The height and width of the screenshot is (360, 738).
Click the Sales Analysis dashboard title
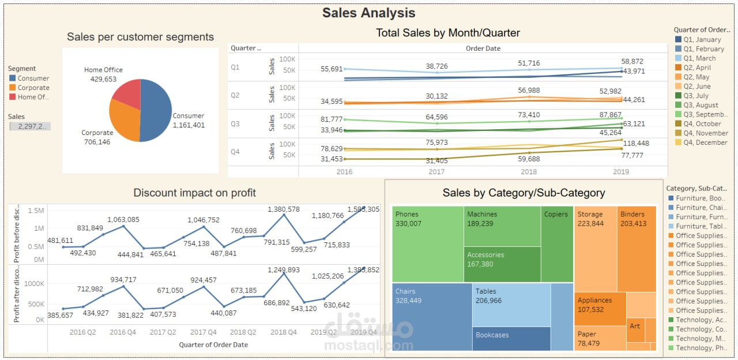coord(368,13)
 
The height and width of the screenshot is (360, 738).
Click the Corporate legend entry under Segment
coord(33,88)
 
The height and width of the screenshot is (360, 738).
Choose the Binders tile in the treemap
coord(636,248)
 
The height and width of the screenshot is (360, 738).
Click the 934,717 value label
coord(123,280)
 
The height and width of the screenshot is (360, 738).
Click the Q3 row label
coord(235,123)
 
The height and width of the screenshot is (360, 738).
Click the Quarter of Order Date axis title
coord(213,344)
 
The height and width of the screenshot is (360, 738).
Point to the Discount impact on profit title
coord(194,193)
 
